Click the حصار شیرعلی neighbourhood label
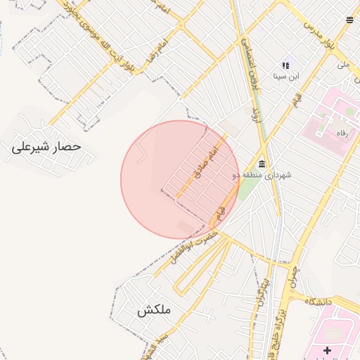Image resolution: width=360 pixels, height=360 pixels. [46, 148]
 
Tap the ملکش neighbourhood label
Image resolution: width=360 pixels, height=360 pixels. [154, 310]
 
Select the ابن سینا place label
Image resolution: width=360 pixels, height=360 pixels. [285, 75]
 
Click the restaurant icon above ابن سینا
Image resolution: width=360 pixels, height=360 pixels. [286, 65]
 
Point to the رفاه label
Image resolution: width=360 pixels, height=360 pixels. [342, 134]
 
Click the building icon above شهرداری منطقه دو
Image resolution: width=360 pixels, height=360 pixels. [262, 164]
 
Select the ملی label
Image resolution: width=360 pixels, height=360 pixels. [343, 65]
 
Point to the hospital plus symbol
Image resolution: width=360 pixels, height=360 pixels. [327, 350]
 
